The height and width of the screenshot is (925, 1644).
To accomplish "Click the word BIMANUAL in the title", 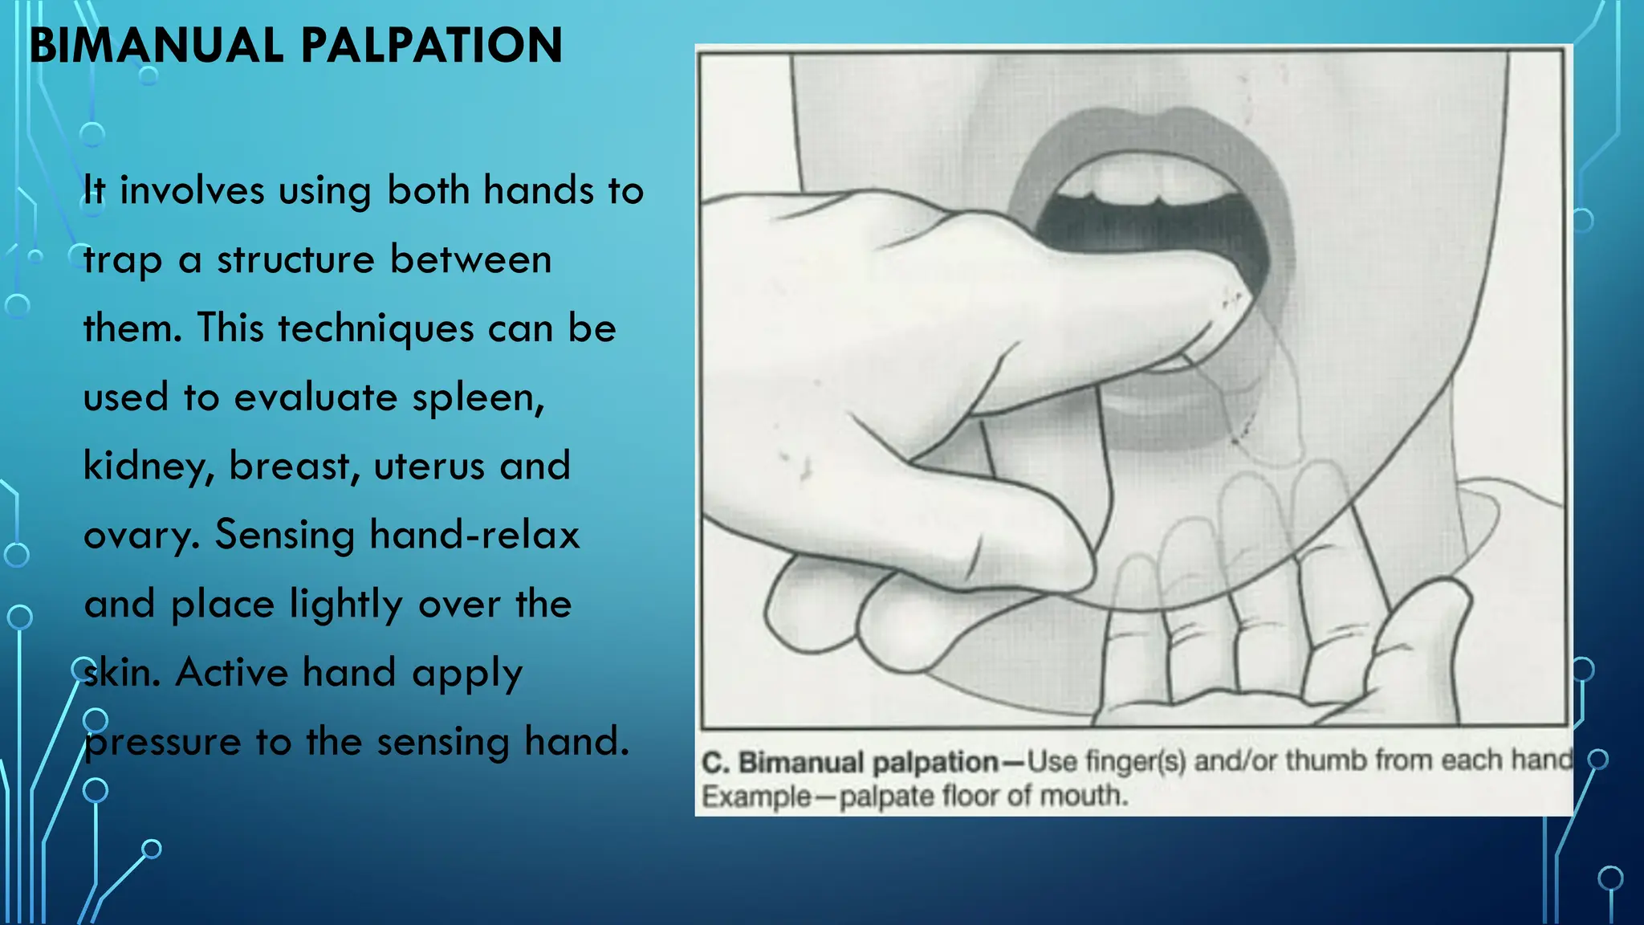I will pos(157,46).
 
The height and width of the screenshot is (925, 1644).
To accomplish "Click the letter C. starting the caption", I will pos(715,762).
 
